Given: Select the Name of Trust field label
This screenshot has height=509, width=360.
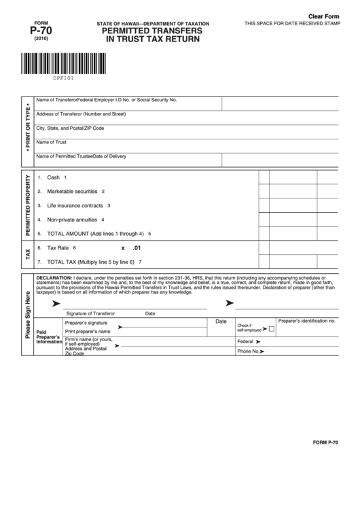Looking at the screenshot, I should pos(51,142).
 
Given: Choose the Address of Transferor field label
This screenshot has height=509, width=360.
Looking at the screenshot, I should pos(81,113).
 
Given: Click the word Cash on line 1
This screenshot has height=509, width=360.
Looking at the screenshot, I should pos(54,177).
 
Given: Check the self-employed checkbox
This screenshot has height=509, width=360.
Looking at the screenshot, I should pos(272,329).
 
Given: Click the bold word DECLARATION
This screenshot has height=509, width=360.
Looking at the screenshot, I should pos(54,279).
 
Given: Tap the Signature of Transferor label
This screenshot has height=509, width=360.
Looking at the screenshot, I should pos(90,313).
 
